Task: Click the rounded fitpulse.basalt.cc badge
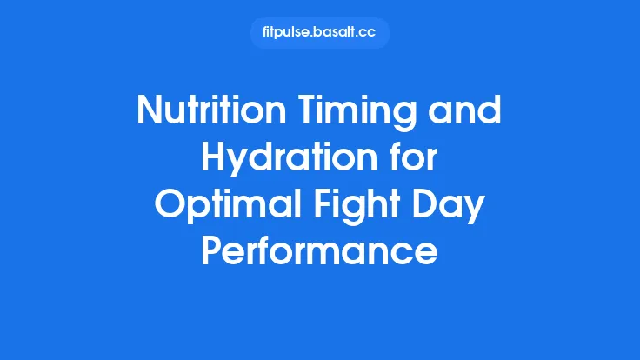point(319,33)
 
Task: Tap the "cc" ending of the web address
point(372,33)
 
